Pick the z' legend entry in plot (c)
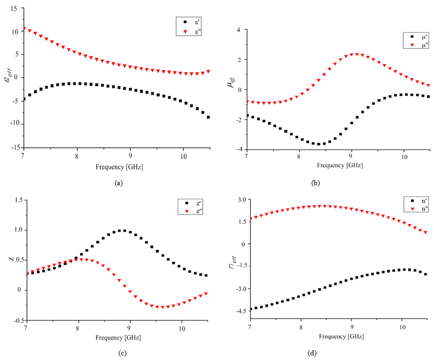(x=188, y=203)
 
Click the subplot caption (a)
(x=118, y=183)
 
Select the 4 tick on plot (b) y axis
(x=239, y=30)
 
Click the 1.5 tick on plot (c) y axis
(x=17, y=200)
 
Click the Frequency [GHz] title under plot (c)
(x=118, y=338)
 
